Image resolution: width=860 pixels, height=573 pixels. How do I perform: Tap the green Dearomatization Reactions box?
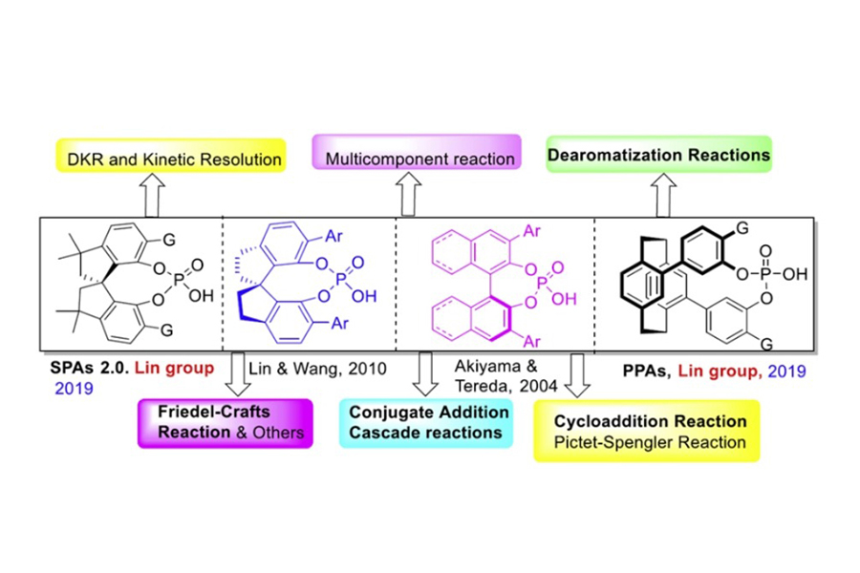(659, 154)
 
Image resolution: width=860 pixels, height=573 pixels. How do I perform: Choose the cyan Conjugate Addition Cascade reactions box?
(425, 420)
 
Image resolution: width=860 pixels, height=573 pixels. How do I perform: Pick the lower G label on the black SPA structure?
(168, 329)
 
